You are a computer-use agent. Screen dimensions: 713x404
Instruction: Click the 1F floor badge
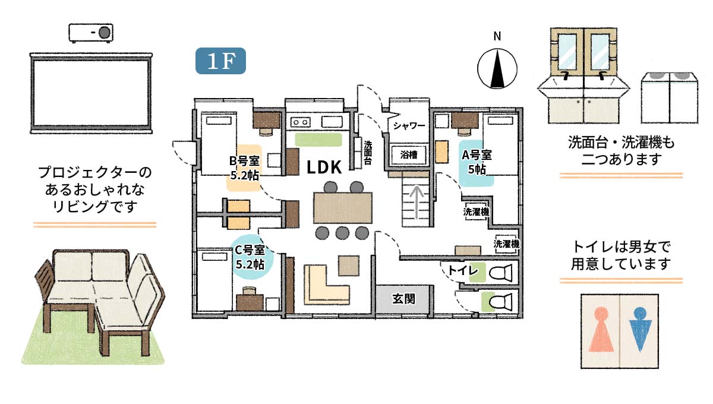click(220, 61)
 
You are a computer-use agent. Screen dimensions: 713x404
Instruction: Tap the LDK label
click(324, 167)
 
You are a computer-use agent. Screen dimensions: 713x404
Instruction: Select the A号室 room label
click(477, 155)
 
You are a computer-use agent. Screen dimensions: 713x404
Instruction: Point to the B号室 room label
click(244, 161)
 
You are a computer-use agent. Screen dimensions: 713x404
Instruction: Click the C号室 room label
click(250, 250)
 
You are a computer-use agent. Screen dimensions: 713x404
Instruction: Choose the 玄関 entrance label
click(403, 299)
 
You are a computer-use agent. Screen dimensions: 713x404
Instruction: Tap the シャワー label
click(409, 125)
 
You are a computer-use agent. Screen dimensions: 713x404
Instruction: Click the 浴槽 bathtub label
click(409, 154)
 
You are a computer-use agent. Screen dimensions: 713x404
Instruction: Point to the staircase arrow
click(417, 203)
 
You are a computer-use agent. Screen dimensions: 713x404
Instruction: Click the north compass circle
click(497, 68)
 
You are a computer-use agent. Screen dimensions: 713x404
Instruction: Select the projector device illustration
click(91, 33)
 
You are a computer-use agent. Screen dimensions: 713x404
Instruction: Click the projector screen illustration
click(91, 93)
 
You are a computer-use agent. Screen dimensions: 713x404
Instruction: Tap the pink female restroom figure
click(601, 329)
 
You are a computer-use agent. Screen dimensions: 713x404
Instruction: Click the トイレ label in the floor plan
click(463, 271)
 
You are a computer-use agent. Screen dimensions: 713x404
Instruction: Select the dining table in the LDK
click(343, 208)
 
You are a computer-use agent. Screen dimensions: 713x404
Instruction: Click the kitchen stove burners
click(301, 122)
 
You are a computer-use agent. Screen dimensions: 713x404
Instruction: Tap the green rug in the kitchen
click(318, 140)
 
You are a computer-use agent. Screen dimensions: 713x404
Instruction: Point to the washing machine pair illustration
click(670, 98)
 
